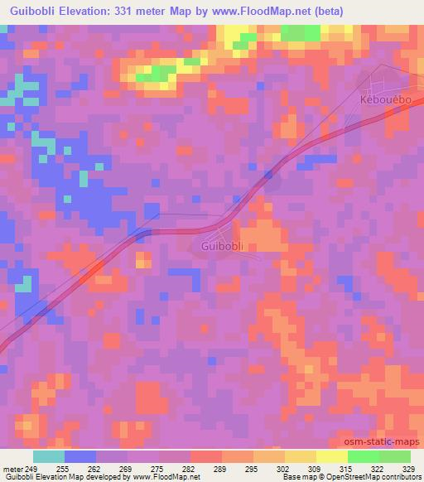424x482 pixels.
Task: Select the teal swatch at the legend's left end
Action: (49, 456)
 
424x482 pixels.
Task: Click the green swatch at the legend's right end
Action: (394, 456)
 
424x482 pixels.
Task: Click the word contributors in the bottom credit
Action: (397, 477)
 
